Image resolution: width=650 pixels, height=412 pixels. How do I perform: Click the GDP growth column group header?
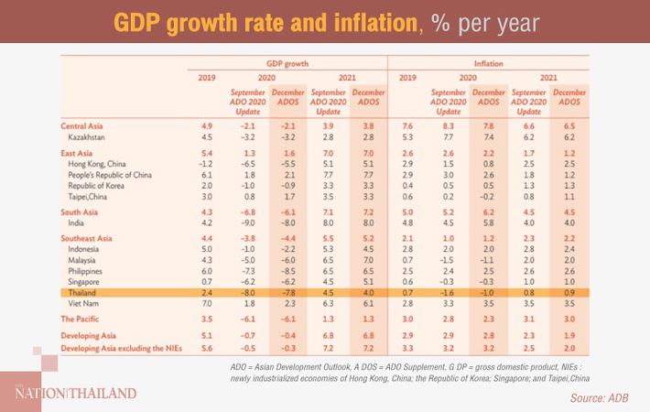(x=286, y=64)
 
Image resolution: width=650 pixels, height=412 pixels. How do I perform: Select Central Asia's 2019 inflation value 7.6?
(x=409, y=125)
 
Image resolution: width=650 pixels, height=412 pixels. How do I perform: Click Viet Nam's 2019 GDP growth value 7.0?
(x=207, y=302)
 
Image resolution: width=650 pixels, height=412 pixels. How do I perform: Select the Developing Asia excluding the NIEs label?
(x=121, y=349)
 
